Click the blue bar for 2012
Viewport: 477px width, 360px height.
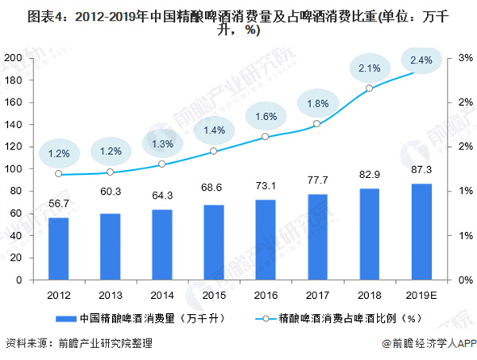(x=58, y=249)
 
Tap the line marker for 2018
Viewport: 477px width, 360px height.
(x=370, y=88)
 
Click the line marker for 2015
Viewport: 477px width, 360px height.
(x=214, y=151)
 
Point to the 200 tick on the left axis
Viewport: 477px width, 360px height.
(x=13, y=58)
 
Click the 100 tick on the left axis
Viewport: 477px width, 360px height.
(x=13, y=169)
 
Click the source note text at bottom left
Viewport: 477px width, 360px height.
(x=78, y=344)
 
